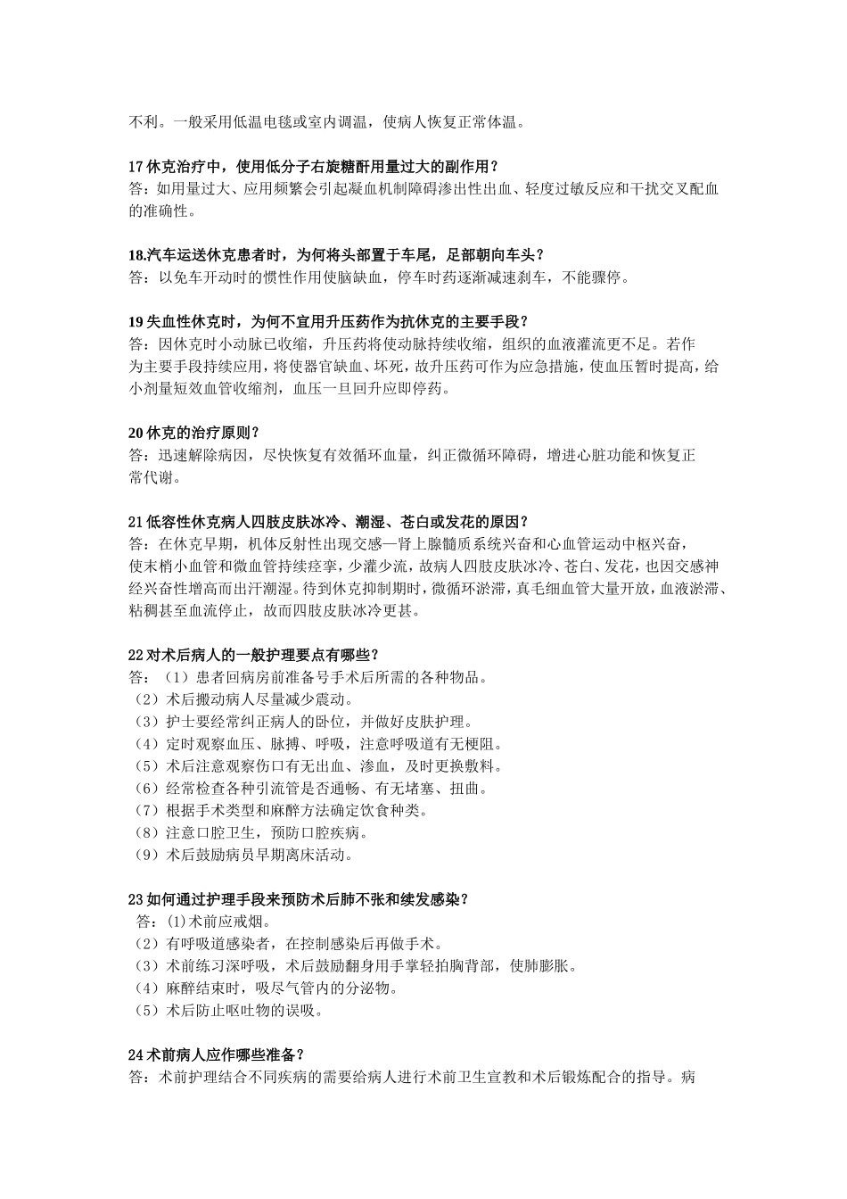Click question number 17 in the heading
tap(136, 166)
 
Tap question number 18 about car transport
tap(138, 255)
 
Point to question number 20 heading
tap(136, 434)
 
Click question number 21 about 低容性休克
tap(136, 522)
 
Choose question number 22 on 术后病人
tap(136, 656)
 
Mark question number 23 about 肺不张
tap(136, 900)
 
